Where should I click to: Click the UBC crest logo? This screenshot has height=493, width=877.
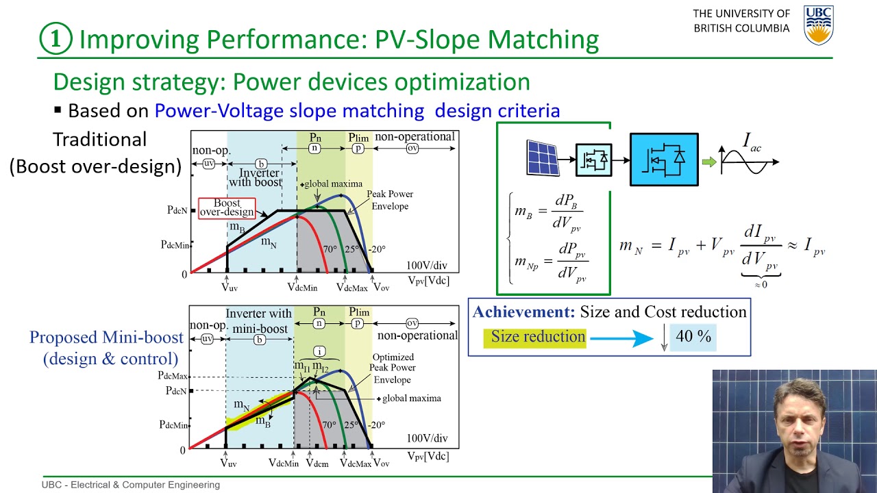[x=818, y=25]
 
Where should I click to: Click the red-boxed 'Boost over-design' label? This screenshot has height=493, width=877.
[x=227, y=208]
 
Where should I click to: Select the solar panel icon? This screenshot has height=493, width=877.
[x=542, y=157]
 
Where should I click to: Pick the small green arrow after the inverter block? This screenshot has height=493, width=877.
[x=709, y=162]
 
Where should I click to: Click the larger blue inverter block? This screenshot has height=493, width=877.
[x=664, y=160]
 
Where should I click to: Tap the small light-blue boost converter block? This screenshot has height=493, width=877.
[x=593, y=160]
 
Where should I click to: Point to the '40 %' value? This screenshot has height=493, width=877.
[x=693, y=336]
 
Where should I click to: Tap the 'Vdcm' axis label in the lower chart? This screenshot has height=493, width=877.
[x=317, y=464]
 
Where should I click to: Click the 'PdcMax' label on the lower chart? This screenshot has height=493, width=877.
[x=172, y=376]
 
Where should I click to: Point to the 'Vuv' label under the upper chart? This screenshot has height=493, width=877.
[x=229, y=288]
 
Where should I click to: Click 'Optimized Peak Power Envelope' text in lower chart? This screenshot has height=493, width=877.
[x=393, y=368]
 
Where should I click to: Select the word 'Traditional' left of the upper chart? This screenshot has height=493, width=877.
[x=100, y=140]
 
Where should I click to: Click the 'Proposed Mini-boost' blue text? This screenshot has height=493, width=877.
[x=106, y=338]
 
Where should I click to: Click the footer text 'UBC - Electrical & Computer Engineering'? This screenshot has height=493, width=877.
[x=131, y=485]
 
